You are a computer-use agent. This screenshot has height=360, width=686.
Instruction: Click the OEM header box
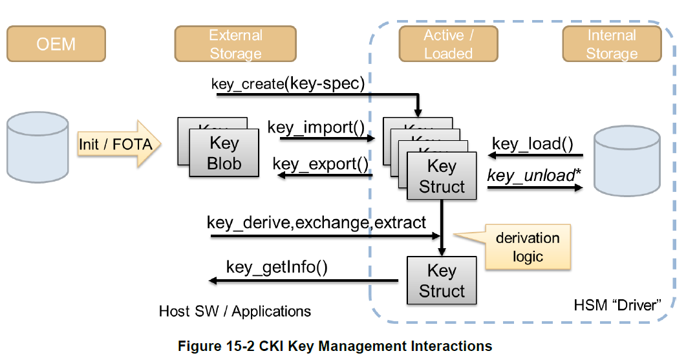pyautogui.click(x=56, y=44)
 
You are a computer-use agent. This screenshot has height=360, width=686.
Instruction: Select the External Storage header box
pyautogui.click(x=235, y=44)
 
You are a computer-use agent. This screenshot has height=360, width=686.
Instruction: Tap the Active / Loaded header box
pyautogui.click(x=448, y=44)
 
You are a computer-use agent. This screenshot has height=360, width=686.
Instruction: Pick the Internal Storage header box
pyautogui.click(x=612, y=44)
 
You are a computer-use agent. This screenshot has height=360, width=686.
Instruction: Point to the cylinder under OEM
pyautogui.click(x=38, y=146)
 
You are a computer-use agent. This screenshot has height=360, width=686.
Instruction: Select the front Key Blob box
pyautogui.click(x=224, y=153)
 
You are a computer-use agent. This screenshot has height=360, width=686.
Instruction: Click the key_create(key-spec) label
pyautogui.click(x=288, y=83)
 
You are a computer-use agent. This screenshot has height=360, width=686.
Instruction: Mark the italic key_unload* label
pyautogui.click(x=531, y=175)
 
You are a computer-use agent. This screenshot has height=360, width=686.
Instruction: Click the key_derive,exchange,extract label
pyautogui.click(x=316, y=223)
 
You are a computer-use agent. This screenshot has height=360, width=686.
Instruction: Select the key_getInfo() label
pyautogui.click(x=277, y=267)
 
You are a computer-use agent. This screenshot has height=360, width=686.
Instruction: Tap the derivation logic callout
pyautogui.click(x=528, y=247)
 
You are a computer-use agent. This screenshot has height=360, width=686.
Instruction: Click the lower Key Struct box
pyautogui.click(x=442, y=281)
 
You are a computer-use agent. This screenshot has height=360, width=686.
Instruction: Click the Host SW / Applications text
pyautogui.click(x=235, y=311)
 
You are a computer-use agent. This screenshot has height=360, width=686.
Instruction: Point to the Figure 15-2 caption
pyautogui.click(x=335, y=346)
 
